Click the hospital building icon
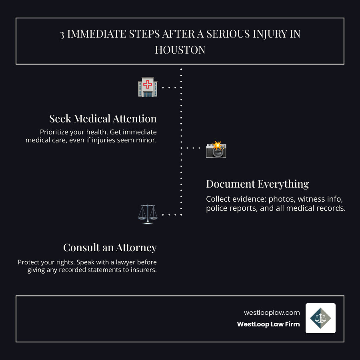click(148, 87)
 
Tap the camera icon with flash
click(216, 150)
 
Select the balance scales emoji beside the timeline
click(147, 214)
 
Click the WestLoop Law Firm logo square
click(320, 318)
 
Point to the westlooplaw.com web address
click(272, 312)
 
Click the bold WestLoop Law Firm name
click(268, 324)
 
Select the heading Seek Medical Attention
click(103, 119)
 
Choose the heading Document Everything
click(257, 184)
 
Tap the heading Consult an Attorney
click(110, 248)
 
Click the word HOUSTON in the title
click(180, 50)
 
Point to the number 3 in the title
click(62, 34)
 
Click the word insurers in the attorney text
click(143, 270)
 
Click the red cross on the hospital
click(148, 84)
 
